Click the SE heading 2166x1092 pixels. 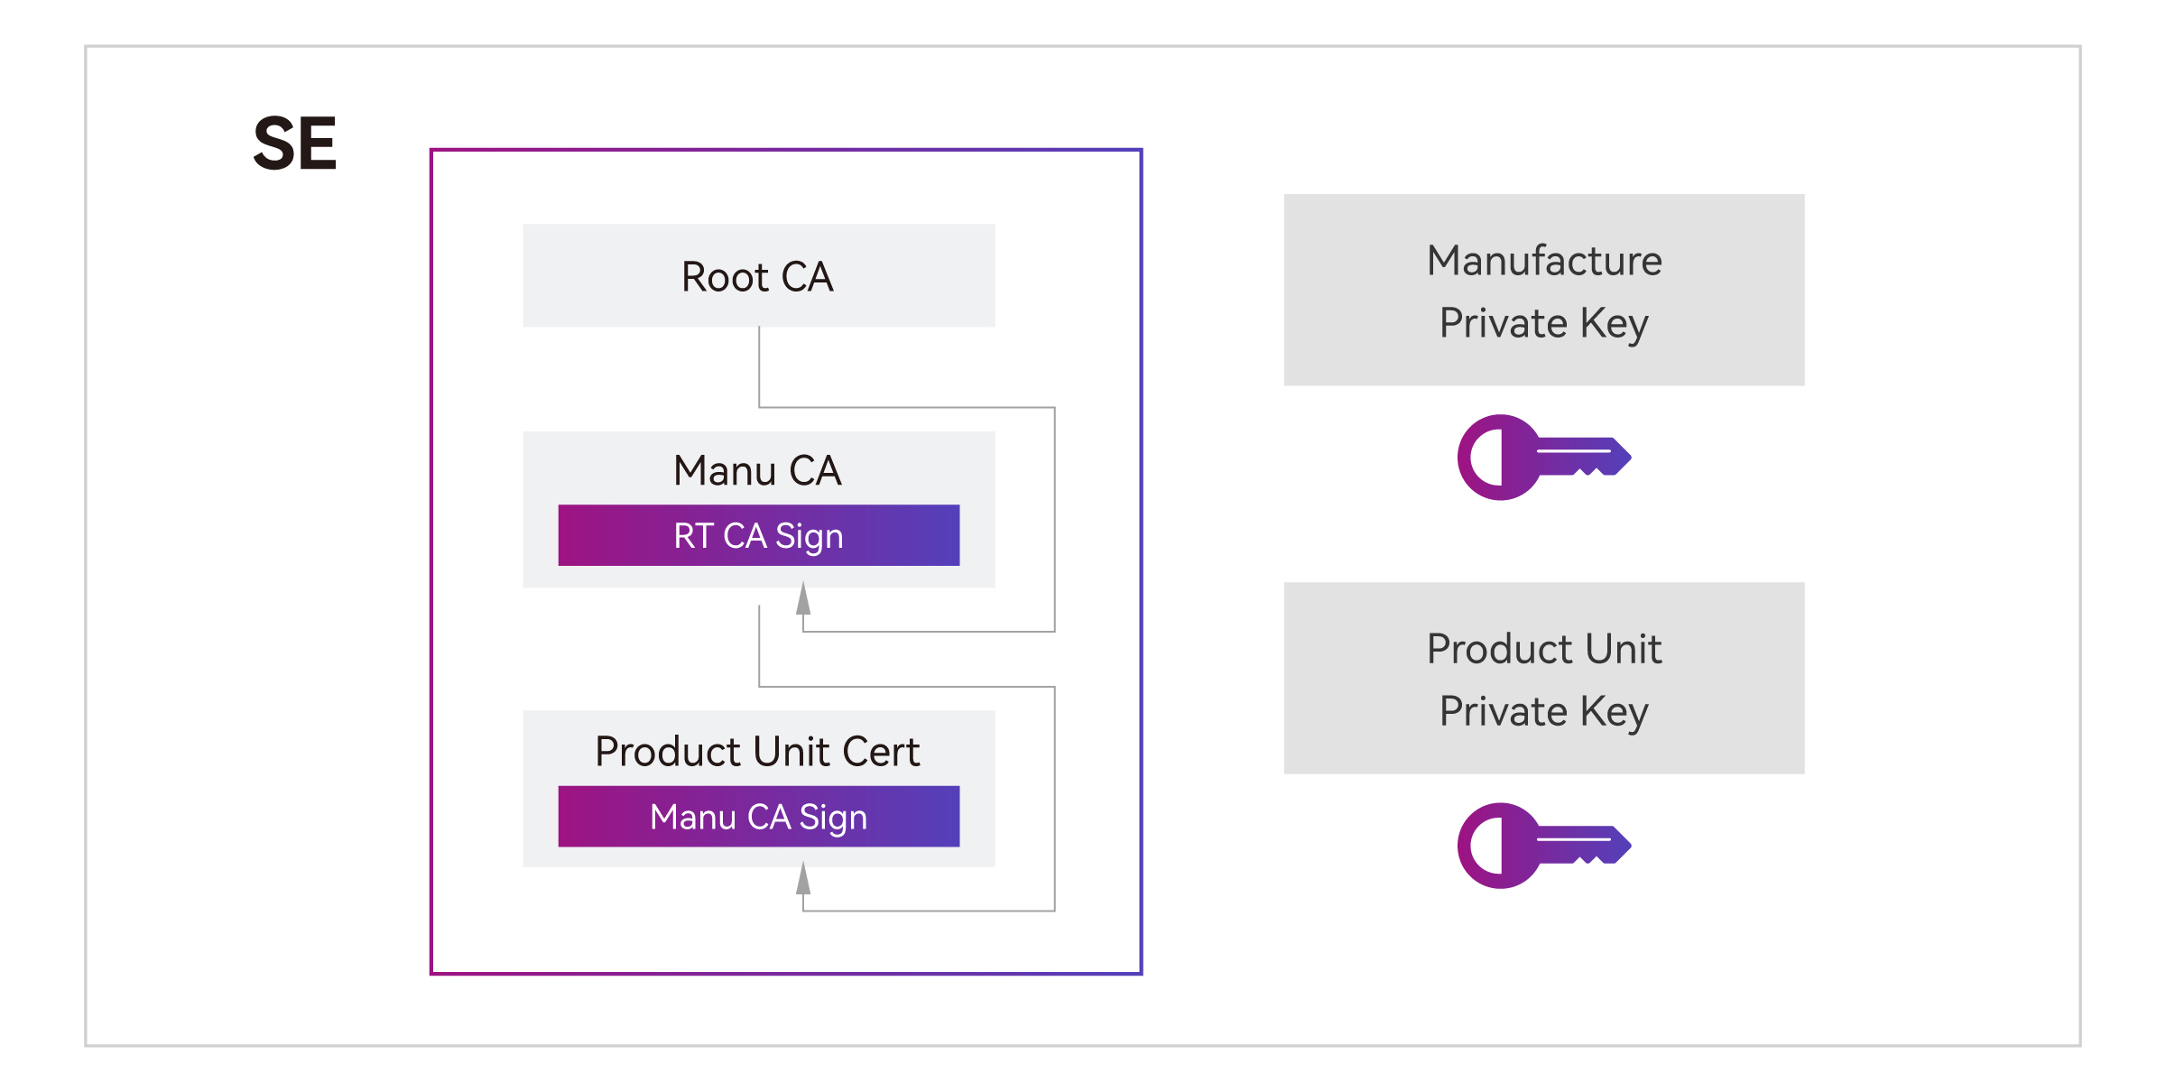pyautogui.click(x=294, y=143)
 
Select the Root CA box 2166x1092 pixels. pyautogui.click(x=758, y=275)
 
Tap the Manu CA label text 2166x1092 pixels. pyautogui.click(x=757, y=470)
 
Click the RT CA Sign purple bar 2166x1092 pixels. pyautogui.click(x=758, y=535)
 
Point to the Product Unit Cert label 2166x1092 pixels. pyautogui.click(x=757, y=751)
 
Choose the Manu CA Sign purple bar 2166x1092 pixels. pyautogui.click(x=758, y=816)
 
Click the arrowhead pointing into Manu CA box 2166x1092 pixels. pyautogui.click(x=803, y=597)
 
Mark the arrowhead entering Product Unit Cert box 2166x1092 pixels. pyautogui.click(x=803, y=877)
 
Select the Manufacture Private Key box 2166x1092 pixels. pyautogui.click(x=1544, y=290)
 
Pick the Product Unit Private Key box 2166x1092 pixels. pyautogui.click(x=1544, y=678)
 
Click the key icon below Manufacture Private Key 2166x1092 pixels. pyautogui.click(x=1544, y=458)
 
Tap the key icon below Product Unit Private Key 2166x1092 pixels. pyautogui.click(x=1544, y=846)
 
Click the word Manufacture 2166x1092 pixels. pyautogui.click(x=1544, y=261)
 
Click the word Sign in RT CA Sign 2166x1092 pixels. pyautogui.click(x=809, y=536)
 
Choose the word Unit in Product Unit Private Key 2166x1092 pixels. pyautogui.click(x=1624, y=649)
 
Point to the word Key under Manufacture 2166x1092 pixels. pyautogui.click(x=1614, y=324)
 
